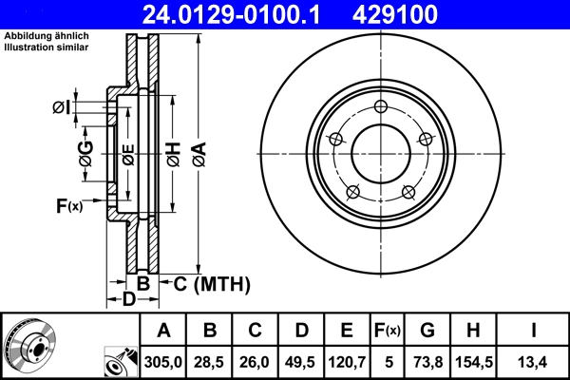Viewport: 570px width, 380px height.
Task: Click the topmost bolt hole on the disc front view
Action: [380, 106]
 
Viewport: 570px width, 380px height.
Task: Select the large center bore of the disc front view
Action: [380, 152]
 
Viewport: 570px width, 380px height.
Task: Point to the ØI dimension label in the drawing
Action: [60, 107]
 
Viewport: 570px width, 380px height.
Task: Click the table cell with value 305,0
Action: [163, 361]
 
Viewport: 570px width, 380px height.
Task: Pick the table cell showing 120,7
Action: [346, 361]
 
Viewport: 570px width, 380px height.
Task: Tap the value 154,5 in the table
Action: [472, 361]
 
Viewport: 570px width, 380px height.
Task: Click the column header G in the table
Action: [427, 331]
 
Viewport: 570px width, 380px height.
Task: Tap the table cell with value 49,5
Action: [300, 361]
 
